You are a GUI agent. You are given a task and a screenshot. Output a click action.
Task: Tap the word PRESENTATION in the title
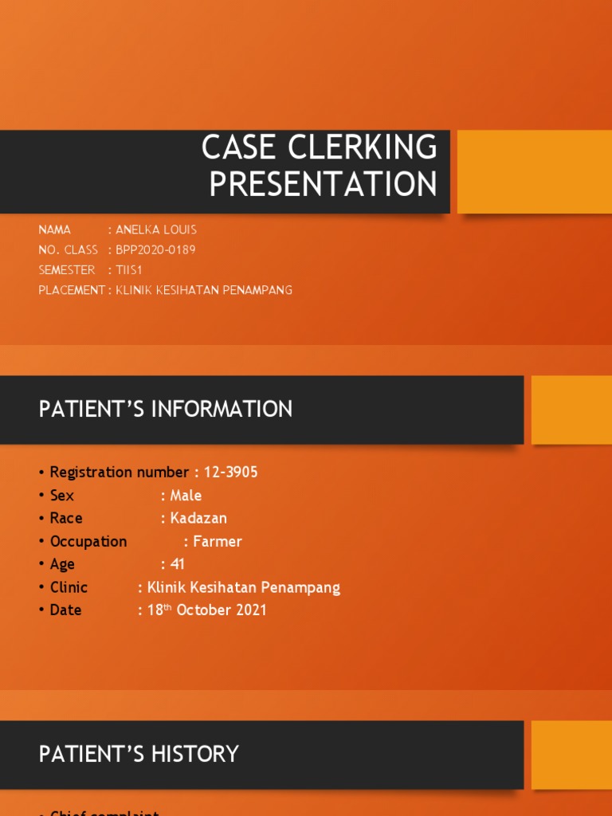coord(323,184)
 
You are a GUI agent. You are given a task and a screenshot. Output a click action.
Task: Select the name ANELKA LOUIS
coord(156,229)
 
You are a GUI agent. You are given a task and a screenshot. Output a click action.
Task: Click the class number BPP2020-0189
coord(155,249)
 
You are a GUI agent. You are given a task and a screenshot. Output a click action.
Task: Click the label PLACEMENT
coord(71,290)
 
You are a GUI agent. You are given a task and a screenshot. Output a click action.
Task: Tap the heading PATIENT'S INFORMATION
coord(166,410)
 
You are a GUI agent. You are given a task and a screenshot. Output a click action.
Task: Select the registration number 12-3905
coord(230,473)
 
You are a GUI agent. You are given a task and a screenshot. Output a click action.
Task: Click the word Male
coord(186,496)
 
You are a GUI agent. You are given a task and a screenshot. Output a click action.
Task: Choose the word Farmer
coord(217,542)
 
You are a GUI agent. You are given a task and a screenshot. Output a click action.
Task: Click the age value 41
coord(177,564)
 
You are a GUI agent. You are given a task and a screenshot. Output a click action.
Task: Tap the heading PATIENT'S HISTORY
coord(139,754)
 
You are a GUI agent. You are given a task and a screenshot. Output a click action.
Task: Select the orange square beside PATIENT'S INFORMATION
coord(571,410)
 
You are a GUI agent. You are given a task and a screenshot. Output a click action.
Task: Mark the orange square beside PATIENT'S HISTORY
coord(571,755)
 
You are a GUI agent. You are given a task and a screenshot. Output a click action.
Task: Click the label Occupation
coord(88,542)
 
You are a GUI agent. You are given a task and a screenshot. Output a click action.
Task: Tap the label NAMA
coord(55,229)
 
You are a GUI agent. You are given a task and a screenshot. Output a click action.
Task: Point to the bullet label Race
coord(66,519)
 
